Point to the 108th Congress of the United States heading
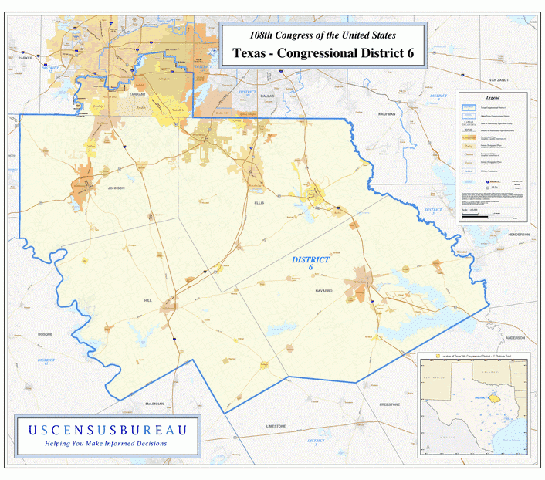pos(322,35)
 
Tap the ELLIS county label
pos(259,202)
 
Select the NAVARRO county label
pos(323,290)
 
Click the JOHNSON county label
pos(116,188)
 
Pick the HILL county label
pos(148,300)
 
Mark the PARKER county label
pos(26,58)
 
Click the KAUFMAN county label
pos(387,113)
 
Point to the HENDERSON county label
pos(519,234)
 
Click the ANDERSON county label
pos(515,338)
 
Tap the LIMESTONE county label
pos(276,426)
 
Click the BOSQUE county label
pos(44,334)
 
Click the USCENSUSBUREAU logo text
pos(107,429)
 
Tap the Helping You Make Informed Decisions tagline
pos(107,444)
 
